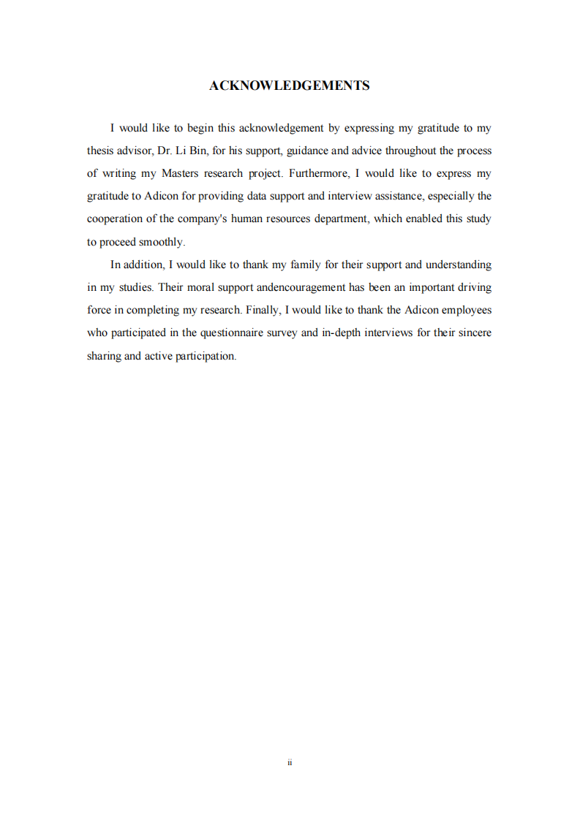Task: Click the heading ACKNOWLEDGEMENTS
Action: click(x=289, y=86)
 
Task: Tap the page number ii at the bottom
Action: click(x=290, y=762)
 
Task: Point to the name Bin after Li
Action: click(x=198, y=151)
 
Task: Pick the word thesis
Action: click(x=100, y=151)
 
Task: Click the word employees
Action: click(x=462, y=310)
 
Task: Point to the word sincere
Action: click(x=472, y=333)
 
